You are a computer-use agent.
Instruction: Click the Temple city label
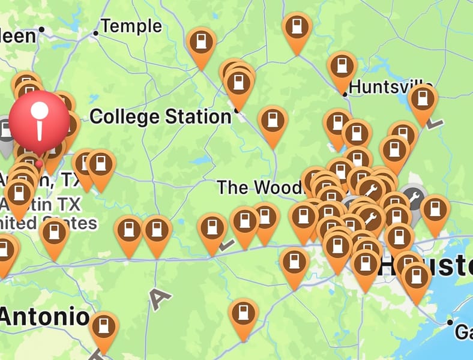point(131,26)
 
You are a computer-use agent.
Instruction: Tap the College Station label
point(160,116)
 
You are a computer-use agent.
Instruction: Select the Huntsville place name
point(391,86)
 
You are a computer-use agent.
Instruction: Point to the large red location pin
point(40,120)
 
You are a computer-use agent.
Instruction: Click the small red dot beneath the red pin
point(40,163)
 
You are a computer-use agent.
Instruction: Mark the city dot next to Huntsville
point(345,94)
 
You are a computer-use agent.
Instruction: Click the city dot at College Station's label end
point(237,111)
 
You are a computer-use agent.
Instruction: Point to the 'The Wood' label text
point(258,187)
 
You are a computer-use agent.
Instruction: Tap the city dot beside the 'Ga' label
point(450,323)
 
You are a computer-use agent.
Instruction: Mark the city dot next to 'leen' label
point(42,29)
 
